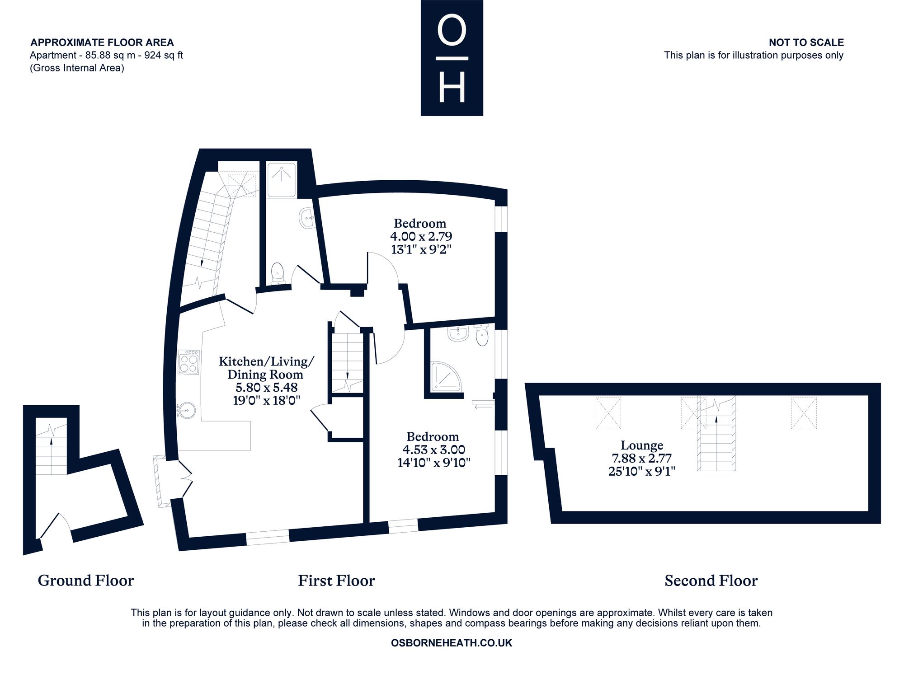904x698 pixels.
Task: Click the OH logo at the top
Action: (x=452, y=58)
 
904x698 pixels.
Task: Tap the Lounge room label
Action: (x=642, y=445)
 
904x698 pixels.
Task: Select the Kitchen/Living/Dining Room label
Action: (x=266, y=368)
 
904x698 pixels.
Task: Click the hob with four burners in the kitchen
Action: (x=189, y=362)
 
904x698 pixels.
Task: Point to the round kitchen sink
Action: (x=186, y=411)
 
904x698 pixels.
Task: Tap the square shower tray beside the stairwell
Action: (x=281, y=180)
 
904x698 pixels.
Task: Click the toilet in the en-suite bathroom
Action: (x=482, y=335)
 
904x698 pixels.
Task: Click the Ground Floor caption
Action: (x=86, y=581)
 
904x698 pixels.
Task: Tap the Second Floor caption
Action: (x=711, y=581)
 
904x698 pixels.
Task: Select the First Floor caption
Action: (x=336, y=581)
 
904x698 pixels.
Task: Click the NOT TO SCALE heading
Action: (x=806, y=42)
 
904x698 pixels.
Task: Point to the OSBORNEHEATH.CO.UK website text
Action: (x=452, y=643)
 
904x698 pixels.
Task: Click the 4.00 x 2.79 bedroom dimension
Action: (x=421, y=236)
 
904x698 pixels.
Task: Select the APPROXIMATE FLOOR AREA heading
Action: (x=102, y=42)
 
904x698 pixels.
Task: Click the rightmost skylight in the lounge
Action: (x=804, y=413)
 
